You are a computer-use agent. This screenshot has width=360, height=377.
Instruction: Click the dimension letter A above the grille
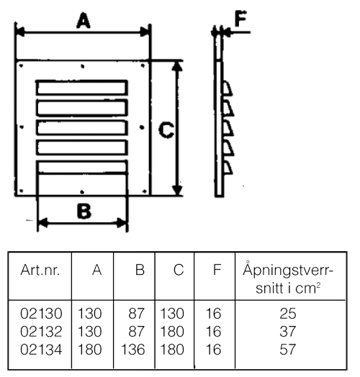point(84,21)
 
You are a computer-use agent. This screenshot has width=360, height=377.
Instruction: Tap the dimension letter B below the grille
point(84,211)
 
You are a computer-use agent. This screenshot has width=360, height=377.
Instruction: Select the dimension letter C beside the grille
point(166,130)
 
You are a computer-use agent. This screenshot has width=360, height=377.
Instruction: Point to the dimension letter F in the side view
point(240,18)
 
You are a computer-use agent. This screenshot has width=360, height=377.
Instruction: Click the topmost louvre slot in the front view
point(82,88)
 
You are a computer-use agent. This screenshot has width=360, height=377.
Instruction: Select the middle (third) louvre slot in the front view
point(82,127)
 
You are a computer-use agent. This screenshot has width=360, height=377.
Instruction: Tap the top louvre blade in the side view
point(227,88)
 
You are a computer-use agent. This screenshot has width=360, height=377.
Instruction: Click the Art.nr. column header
point(40,270)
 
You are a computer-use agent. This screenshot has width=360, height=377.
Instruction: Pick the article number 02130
point(41,314)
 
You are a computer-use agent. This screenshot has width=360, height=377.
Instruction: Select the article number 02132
point(41,332)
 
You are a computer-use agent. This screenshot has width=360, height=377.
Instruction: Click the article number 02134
point(41,350)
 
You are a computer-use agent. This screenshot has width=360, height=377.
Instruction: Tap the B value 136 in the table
point(133,350)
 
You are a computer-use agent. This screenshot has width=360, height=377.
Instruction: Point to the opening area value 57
point(288,350)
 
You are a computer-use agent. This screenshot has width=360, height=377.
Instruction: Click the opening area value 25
point(288,314)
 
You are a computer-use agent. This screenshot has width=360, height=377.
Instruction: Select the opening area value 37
point(288,332)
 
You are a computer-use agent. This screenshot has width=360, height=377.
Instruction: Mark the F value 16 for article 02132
point(213,332)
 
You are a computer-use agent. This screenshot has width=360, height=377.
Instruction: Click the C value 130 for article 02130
point(172,314)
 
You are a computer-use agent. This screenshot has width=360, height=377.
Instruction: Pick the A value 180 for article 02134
point(89,350)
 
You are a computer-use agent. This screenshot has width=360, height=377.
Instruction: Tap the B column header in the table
point(140,270)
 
